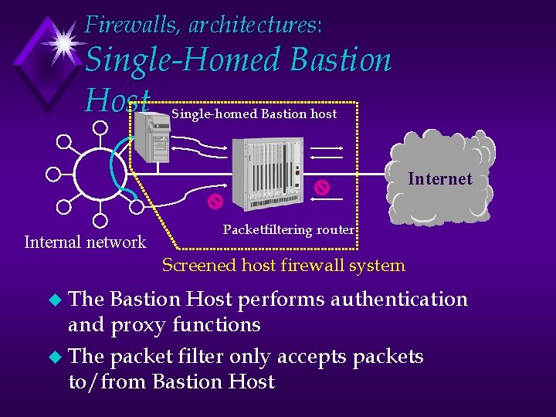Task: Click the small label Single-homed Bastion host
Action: tap(254, 114)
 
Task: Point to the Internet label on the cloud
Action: tap(439, 179)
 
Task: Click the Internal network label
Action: tap(85, 242)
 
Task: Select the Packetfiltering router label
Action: tap(289, 229)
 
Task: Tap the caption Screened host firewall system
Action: tap(283, 266)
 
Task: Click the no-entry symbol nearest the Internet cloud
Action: tap(323, 187)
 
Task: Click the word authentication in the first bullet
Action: tap(398, 300)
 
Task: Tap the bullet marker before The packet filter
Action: tap(53, 357)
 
